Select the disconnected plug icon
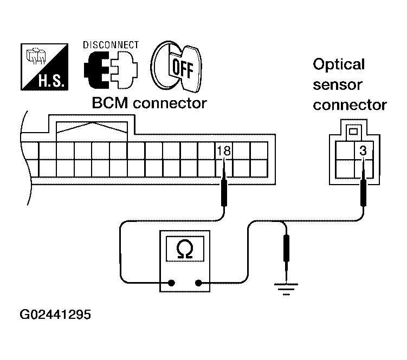coord(110,69)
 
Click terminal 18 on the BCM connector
coord(223,152)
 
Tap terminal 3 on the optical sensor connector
coord(363,152)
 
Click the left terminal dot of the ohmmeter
coord(172,282)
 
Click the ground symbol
coord(286,289)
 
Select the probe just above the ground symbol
coord(286,251)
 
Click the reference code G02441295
coord(55,315)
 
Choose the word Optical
coord(339,65)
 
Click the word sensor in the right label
coord(337,85)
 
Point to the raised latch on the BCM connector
coord(92,128)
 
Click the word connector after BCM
coord(170,103)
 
